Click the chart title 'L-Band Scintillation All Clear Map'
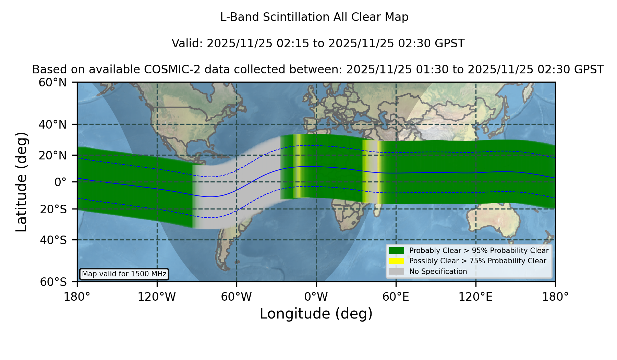pyautogui.click(x=314, y=17)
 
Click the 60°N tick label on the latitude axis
pyautogui.click(x=53, y=83)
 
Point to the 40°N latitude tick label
pyautogui.click(x=53, y=124)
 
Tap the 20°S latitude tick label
pyautogui.click(x=53, y=209)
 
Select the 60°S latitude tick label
pyautogui.click(x=53, y=282)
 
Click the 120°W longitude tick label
pyautogui.click(x=157, y=297)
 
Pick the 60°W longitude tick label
pyautogui.click(x=237, y=297)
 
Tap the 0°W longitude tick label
pyautogui.click(x=316, y=297)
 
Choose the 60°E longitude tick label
pyautogui.click(x=396, y=297)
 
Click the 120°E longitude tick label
pyautogui.click(x=476, y=297)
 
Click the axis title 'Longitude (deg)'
pyautogui.click(x=316, y=314)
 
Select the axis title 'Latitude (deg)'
pyautogui.click(x=22, y=182)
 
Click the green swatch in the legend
pyautogui.click(x=397, y=251)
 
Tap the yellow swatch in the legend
pyautogui.click(x=397, y=261)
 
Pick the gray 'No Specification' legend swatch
pyautogui.click(x=397, y=272)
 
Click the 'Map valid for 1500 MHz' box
pyautogui.click(x=124, y=274)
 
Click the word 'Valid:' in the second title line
pyautogui.click(x=187, y=44)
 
